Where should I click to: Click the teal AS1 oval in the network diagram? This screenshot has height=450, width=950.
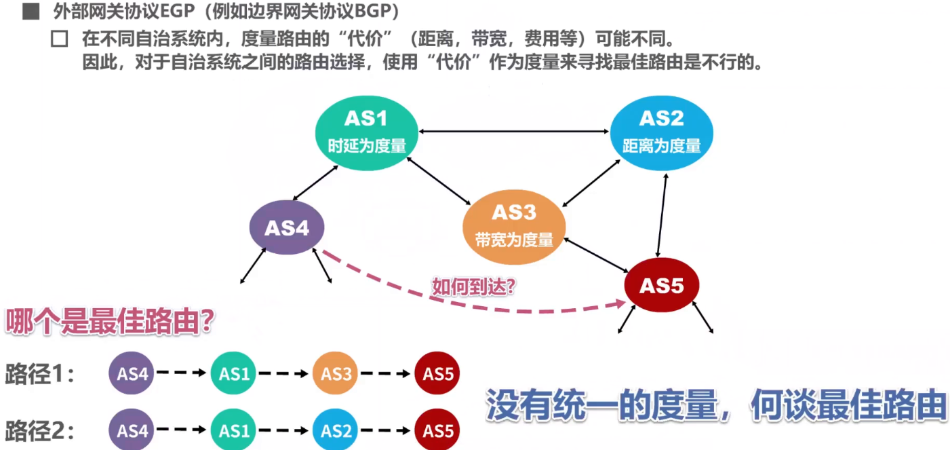click(x=365, y=132)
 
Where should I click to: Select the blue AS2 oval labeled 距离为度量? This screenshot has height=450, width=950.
click(x=661, y=132)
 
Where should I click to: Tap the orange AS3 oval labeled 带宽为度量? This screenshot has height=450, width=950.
click(x=514, y=226)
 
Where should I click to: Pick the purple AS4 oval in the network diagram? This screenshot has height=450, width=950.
click(x=287, y=228)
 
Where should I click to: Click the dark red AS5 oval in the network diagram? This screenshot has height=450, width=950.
click(x=662, y=286)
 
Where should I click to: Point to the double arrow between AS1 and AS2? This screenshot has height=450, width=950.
click(x=513, y=131)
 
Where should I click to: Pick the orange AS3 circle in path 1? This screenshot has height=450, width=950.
click(x=336, y=373)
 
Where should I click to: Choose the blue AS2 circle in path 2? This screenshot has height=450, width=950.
click(x=336, y=430)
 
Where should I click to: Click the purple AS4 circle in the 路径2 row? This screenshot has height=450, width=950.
click(x=132, y=430)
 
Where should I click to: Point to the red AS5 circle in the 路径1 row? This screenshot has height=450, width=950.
click(x=437, y=373)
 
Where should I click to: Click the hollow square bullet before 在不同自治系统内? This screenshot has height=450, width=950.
click(x=60, y=39)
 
